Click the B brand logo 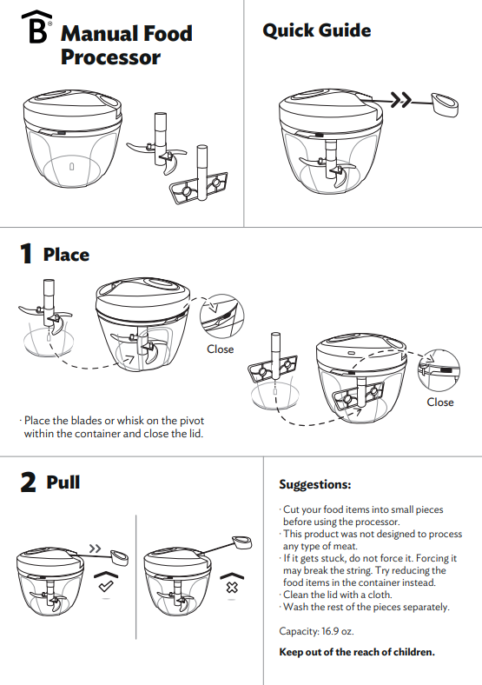coord(36,27)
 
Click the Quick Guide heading coord(316,30)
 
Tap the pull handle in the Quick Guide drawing coord(445,104)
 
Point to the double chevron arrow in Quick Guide coord(400,100)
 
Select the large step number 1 coord(26,254)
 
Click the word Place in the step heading coord(66,255)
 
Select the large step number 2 coord(28,482)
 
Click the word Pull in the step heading coord(63,482)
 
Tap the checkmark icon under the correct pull coord(106,586)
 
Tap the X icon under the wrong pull coord(232,587)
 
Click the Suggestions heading coord(314,484)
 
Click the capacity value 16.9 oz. coord(338,631)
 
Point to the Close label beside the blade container coord(220,349)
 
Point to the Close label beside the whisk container coord(440,402)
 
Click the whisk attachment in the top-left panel coord(200,183)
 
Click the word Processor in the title coord(110,57)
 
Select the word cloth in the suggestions coord(380,595)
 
